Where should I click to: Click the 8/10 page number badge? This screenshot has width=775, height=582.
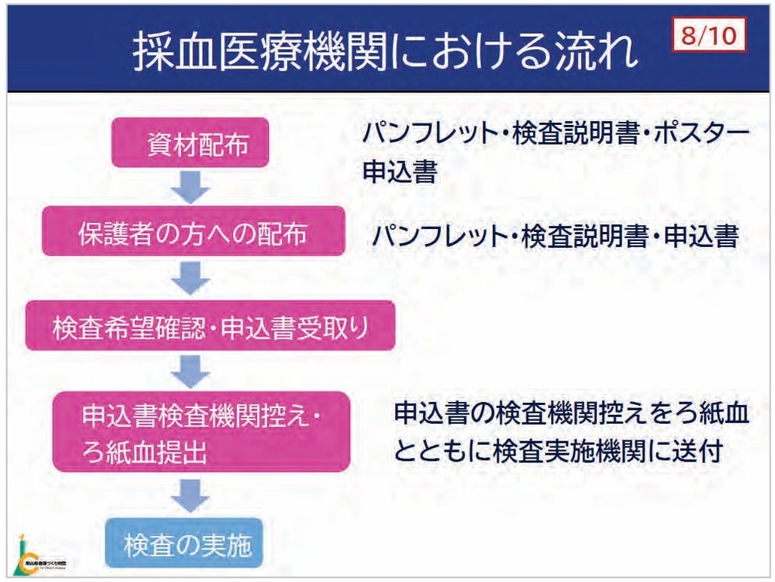pos(707,37)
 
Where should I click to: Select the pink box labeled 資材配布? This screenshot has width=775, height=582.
pos(190,143)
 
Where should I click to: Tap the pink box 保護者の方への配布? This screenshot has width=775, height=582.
pos(194,234)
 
